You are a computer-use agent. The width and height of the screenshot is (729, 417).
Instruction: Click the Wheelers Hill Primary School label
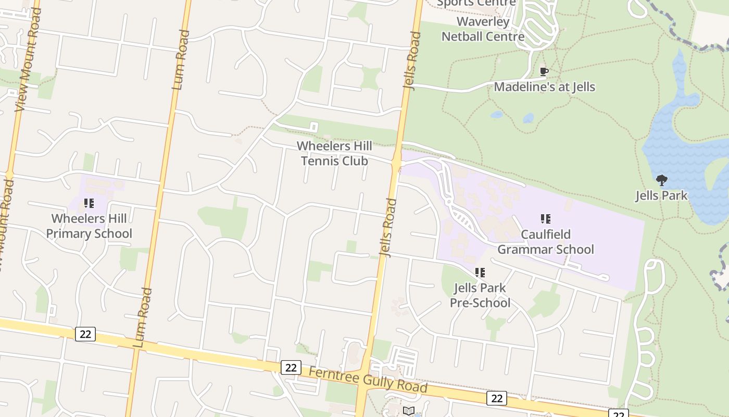click(x=89, y=226)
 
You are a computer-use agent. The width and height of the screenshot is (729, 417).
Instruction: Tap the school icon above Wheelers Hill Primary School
click(x=89, y=203)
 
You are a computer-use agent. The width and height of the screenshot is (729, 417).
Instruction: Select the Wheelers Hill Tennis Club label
click(x=334, y=153)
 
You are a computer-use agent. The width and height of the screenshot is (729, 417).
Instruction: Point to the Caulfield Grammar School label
click(x=545, y=242)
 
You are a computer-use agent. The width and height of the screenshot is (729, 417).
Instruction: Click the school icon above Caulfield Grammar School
click(x=545, y=219)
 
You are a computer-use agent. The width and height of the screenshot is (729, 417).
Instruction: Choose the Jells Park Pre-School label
click(x=480, y=295)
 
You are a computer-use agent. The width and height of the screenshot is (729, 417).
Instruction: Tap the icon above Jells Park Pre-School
click(x=480, y=272)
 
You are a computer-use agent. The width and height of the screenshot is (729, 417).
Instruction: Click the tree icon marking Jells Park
click(x=661, y=181)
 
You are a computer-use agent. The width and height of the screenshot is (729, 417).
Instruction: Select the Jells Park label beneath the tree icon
click(x=661, y=196)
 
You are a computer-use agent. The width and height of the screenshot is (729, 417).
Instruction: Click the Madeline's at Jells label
click(x=544, y=87)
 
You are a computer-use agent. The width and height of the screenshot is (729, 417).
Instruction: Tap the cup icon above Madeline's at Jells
click(x=544, y=71)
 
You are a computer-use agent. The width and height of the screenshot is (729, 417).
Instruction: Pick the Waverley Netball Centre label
click(x=483, y=29)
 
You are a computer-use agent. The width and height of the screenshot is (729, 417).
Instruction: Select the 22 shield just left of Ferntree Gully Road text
click(x=291, y=367)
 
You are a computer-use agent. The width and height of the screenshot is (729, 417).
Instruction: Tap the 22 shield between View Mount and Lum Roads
click(x=85, y=334)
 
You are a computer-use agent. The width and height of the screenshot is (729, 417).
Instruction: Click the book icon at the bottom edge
click(x=409, y=411)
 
